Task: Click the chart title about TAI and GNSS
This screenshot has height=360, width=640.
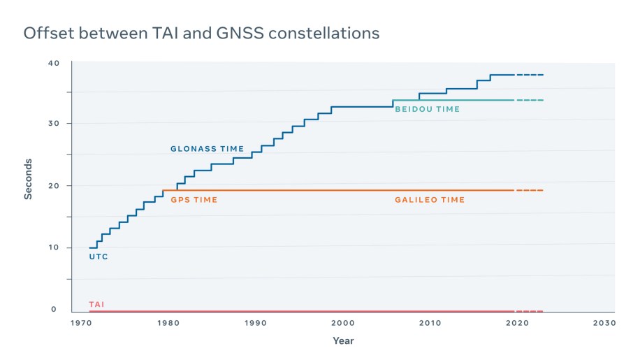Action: click(202, 33)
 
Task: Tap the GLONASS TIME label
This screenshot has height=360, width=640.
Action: click(207, 149)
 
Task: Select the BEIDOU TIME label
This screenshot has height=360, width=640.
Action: click(427, 109)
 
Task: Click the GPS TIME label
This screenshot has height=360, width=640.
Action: click(194, 200)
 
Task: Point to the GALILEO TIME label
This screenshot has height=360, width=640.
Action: click(429, 200)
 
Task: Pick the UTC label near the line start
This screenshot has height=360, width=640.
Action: click(98, 257)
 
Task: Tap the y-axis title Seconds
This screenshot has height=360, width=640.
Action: click(29, 178)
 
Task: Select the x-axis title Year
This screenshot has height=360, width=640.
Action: click(343, 341)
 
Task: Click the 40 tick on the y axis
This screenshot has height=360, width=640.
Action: click(54, 64)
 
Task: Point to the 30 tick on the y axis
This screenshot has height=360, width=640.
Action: click(54, 124)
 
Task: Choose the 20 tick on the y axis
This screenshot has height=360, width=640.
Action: click(54, 186)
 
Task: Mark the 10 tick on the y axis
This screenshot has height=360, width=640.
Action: click(54, 248)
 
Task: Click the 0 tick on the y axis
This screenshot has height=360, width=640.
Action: click(53, 310)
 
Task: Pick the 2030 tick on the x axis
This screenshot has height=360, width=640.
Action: click(604, 323)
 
